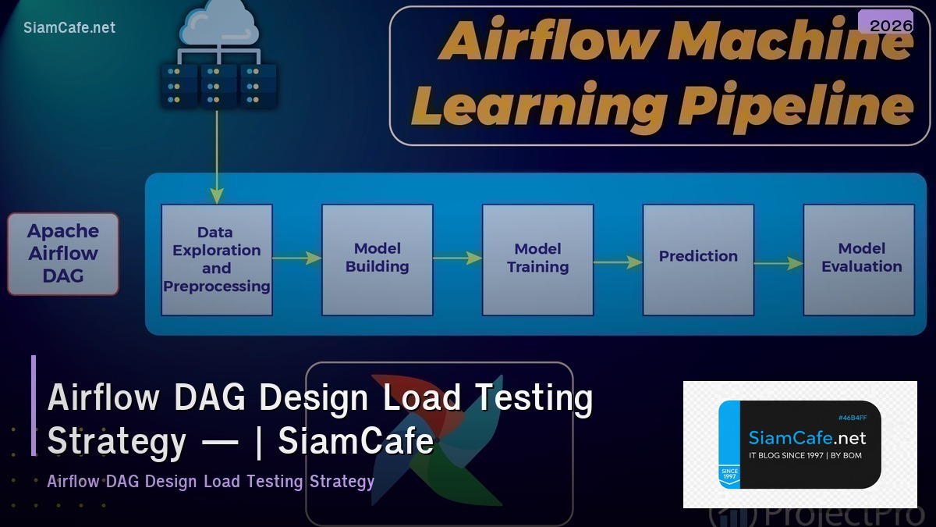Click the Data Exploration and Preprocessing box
click(x=217, y=259)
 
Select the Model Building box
click(x=378, y=259)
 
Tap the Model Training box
click(x=538, y=259)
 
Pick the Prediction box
click(x=698, y=259)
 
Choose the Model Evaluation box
click(x=859, y=259)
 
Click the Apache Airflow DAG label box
click(x=63, y=254)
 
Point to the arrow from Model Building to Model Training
click(x=457, y=258)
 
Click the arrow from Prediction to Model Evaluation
click(x=778, y=263)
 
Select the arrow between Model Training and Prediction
click(x=618, y=262)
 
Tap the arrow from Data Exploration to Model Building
click(x=297, y=258)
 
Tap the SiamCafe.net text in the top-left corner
click(x=69, y=27)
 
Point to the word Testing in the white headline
click(x=534, y=397)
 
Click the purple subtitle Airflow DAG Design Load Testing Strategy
click(x=211, y=481)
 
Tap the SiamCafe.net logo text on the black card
click(x=807, y=439)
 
